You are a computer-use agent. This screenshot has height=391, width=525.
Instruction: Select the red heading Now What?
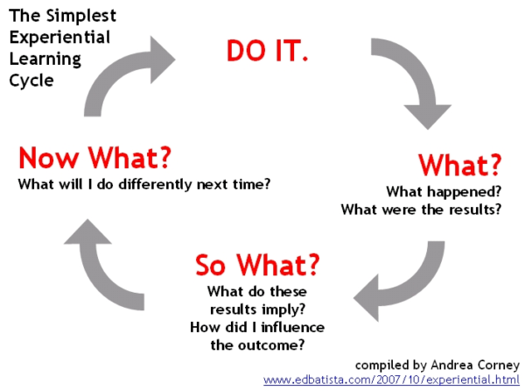click(94, 160)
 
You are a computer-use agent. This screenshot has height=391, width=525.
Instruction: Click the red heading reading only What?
click(458, 165)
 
